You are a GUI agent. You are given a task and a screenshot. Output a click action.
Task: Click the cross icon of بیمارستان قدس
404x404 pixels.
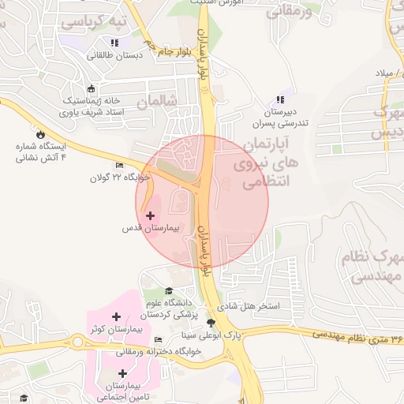pyautogui.click(x=150, y=215)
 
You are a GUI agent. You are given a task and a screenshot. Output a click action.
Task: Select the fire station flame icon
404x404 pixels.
pyautogui.click(x=41, y=134)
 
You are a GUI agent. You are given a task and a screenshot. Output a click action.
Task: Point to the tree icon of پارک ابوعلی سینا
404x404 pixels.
pyautogui.click(x=211, y=322)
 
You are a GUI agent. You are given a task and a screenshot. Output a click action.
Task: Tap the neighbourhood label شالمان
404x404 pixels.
pyautogui.click(x=153, y=102)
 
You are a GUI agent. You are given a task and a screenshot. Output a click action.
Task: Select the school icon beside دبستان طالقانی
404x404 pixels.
pyautogui.click(x=115, y=43)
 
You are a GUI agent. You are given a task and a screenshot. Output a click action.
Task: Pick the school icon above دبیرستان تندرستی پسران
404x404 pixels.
pyautogui.click(x=279, y=99)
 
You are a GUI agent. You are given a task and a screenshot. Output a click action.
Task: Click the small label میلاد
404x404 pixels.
pyautogui.click(x=384, y=73)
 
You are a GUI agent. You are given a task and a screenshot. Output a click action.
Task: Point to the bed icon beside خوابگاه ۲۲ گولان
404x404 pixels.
pyautogui.click(x=119, y=165)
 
